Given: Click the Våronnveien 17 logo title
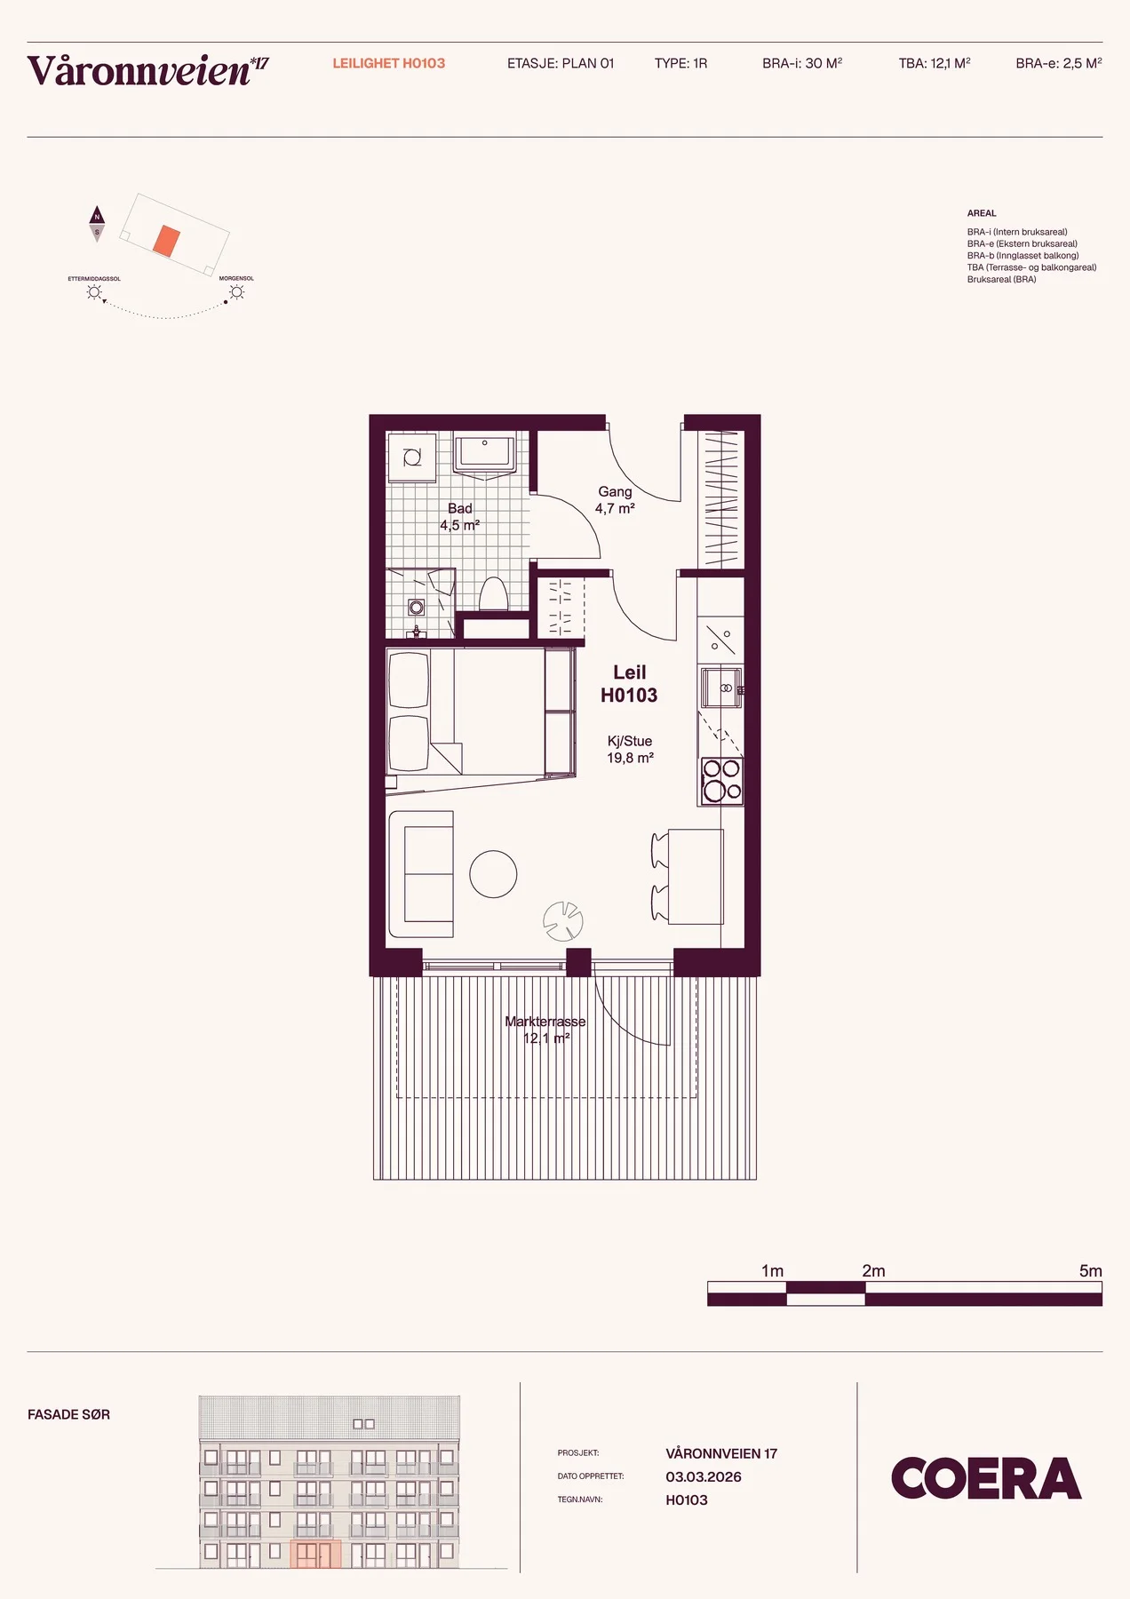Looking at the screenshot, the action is click(147, 70).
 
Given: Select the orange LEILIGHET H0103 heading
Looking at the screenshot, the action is click(389, 63).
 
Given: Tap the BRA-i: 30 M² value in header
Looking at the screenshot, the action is click(802, 63).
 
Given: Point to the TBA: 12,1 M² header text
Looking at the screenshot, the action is click(935, 63).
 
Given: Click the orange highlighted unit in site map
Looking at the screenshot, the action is click(166, 241).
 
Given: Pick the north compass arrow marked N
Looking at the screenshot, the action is click(97, 215).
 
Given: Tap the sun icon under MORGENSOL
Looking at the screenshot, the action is click(237, 292).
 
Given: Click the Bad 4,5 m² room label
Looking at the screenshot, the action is click(460, 517).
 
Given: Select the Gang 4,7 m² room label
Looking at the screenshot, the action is click(615, 500).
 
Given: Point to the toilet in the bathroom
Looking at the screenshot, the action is click(493, 594).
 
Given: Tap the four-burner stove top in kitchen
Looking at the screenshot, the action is click(721, 781).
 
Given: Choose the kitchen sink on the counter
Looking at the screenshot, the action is click(720, 688).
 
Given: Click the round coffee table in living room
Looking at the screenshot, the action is click(493, 874).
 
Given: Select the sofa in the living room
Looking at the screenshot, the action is click(422, 874).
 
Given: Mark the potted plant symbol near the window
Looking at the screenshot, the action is click(563, 921).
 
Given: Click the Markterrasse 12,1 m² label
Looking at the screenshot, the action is click(545, 1030).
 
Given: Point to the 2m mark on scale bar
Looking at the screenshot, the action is click(873, 1271).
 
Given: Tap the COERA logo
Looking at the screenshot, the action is click(986, 1478).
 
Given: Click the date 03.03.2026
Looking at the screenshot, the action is click(704, 1476).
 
